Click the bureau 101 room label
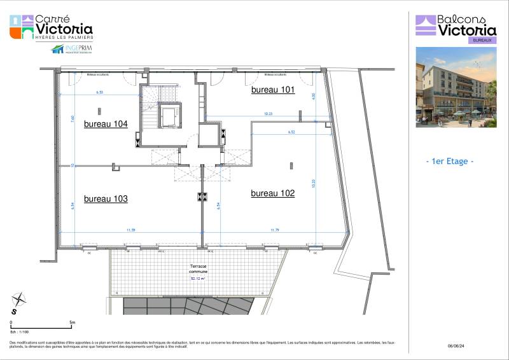(x=273, y=90)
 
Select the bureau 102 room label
(x=273, y=193)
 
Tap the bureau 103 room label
(x=106, y=199)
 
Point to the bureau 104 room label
(x=106, y=125)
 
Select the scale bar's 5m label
(x=73, y=323)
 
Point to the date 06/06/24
(x=457, y=346)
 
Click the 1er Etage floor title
(x=449, y=162)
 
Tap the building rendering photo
(x=456, y=87)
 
